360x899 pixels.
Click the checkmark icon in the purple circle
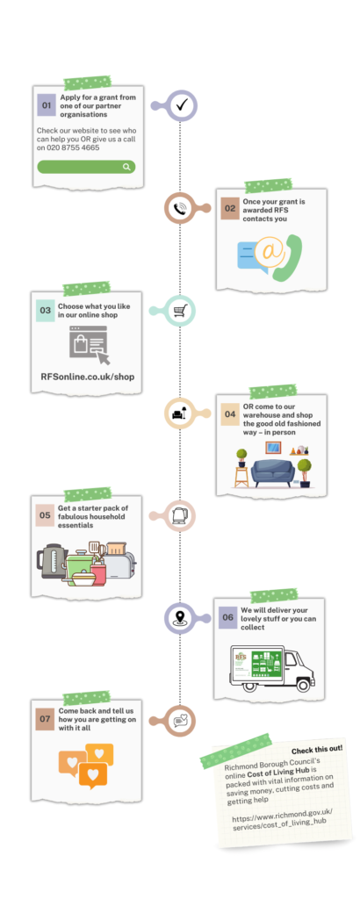coord(183,105)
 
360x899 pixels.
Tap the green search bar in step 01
coord(86,167)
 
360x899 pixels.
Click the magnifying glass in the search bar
coord(126,167)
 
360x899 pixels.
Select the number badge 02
coord(230,209)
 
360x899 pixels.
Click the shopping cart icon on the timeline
coord(179,311)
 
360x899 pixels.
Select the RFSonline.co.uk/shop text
coord(88,377)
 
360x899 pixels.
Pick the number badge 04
coord(230,414)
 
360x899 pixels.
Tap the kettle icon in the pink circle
coord(179,514)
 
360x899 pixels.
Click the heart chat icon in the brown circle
coord(180,720)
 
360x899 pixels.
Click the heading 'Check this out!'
coord(317,750)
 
